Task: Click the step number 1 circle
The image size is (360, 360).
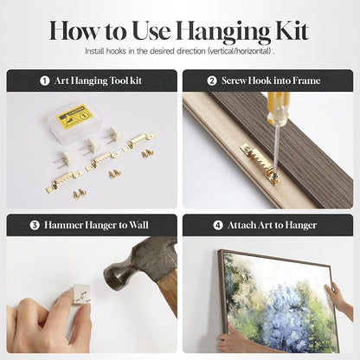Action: pyautogui.click(x=45, y=80)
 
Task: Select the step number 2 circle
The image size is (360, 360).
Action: pyautogui.click(x=212, y=80)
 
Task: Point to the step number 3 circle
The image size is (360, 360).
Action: pyautogui.click(x=35, y=225)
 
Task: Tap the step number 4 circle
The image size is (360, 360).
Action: pyautogui.click(x=218, y=225)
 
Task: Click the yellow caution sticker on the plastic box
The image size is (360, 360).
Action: pyautogui.click(x=75, y=116)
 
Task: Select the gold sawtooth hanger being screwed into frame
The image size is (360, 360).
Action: pyautogui.click(x=260, y=164)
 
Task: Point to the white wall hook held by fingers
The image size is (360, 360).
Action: pyautogui.click(x=81, y=293)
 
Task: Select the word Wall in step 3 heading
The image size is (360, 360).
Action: pyautogui.click(x=138, y=225)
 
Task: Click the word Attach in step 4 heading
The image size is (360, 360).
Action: pyautogui.click(x=241, y=225)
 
